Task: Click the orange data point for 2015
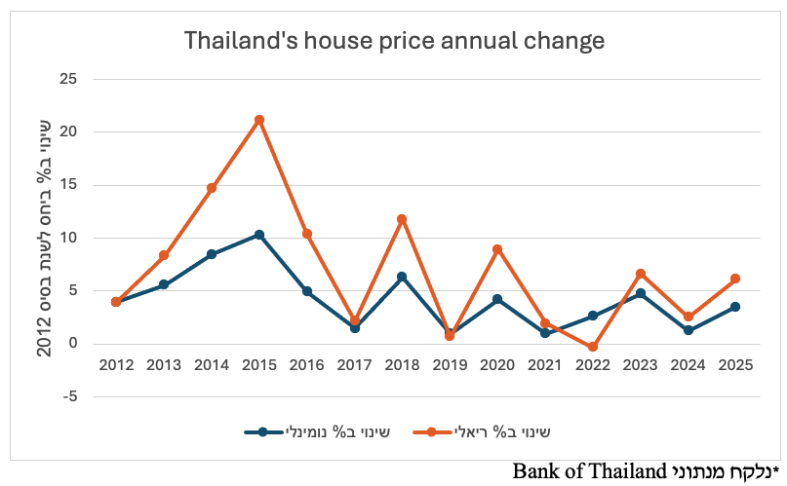pos(259,120)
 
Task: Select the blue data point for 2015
pos(259,235)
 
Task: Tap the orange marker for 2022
pos(592,347)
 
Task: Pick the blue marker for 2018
pos(402,277)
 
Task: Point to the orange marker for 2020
pos(497,249)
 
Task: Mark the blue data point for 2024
pos(688,330)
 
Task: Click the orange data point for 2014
pos(212,188)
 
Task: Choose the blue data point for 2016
pos(307,291)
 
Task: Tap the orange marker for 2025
pos(735,279)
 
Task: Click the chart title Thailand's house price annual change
pos(394,41)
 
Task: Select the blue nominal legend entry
pos(318,430)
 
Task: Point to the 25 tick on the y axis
pos(69,79)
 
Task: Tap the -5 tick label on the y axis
pos(69,396)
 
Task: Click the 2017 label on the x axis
pos(354,364)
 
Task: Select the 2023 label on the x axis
pos(640,364)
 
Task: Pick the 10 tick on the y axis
pos(69,238)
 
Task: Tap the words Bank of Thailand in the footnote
pos(585,471)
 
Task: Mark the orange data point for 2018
pos(402,219)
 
